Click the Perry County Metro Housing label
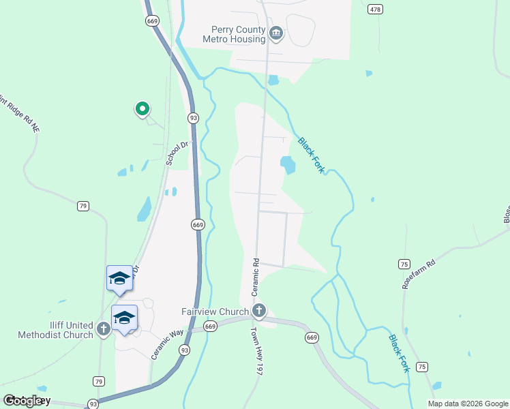coord(234,34)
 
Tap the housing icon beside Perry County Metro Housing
coord(276,33)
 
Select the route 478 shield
coord(375,9)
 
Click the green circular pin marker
coord(142,108)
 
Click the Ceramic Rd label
coord(256,271)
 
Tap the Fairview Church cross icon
coord(259,311)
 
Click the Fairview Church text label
coord(215,312)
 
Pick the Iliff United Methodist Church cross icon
coord(103,329)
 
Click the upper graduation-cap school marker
coord(119,278)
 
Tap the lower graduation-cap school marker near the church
coord(124,318)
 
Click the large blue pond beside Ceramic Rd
coord(288,164)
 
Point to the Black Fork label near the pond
coord(310,154)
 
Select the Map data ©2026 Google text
coord(467,404)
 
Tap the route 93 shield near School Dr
coord(194,117)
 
